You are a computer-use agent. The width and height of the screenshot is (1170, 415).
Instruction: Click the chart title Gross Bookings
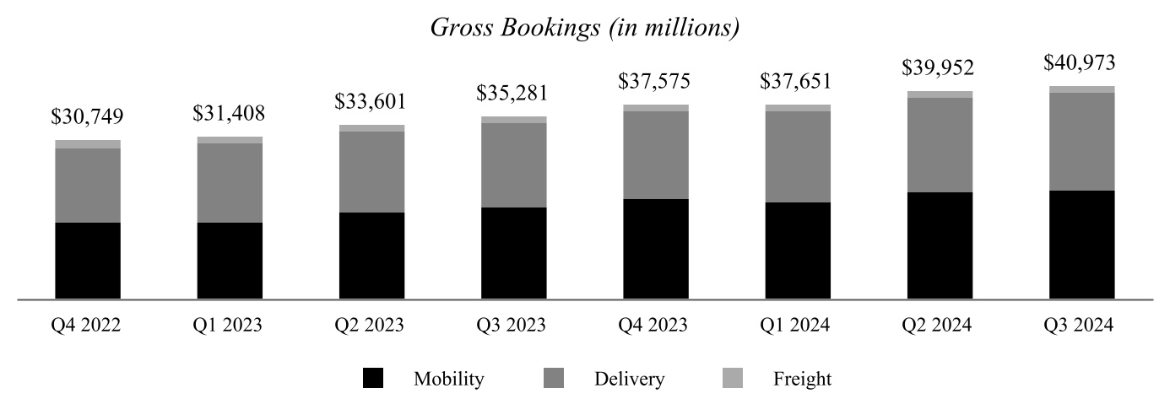pos(584,28)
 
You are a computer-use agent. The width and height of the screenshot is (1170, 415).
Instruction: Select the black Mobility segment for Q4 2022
pos(88,261)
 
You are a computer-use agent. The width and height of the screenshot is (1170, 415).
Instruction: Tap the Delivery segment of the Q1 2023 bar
pos(230,183)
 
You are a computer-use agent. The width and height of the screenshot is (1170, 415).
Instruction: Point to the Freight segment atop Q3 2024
pos(1081,89)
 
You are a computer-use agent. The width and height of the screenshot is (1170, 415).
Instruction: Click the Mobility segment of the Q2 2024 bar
pos(940,245)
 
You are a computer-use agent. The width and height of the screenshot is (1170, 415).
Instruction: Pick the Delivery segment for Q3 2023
pos(514,165)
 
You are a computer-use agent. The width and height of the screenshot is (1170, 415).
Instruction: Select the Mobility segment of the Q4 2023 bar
pos(656,249)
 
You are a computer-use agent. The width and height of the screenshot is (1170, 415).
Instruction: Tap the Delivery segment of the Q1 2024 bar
pos(798,157)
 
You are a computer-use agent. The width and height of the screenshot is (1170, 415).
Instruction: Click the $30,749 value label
pos(88,117)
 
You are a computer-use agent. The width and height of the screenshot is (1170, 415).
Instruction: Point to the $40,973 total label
pos(1081,63)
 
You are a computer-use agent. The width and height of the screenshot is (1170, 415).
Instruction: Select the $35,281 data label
pos(514,94)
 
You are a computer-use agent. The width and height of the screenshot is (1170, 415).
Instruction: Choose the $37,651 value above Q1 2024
pos(798,82)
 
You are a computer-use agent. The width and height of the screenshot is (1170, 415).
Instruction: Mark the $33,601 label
pos(371,102)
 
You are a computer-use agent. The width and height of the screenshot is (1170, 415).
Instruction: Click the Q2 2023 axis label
pos(371,325)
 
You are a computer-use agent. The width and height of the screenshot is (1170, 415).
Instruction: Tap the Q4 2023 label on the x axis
pos(656,325)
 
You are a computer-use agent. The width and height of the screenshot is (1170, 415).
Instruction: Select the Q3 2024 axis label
pos(1081,325)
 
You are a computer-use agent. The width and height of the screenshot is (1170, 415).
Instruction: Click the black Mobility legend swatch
pos(373,379)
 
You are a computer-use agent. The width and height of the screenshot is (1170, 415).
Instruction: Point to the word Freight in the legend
pos(802,379)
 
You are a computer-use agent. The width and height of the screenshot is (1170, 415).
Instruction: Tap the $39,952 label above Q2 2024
pos(940,68)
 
